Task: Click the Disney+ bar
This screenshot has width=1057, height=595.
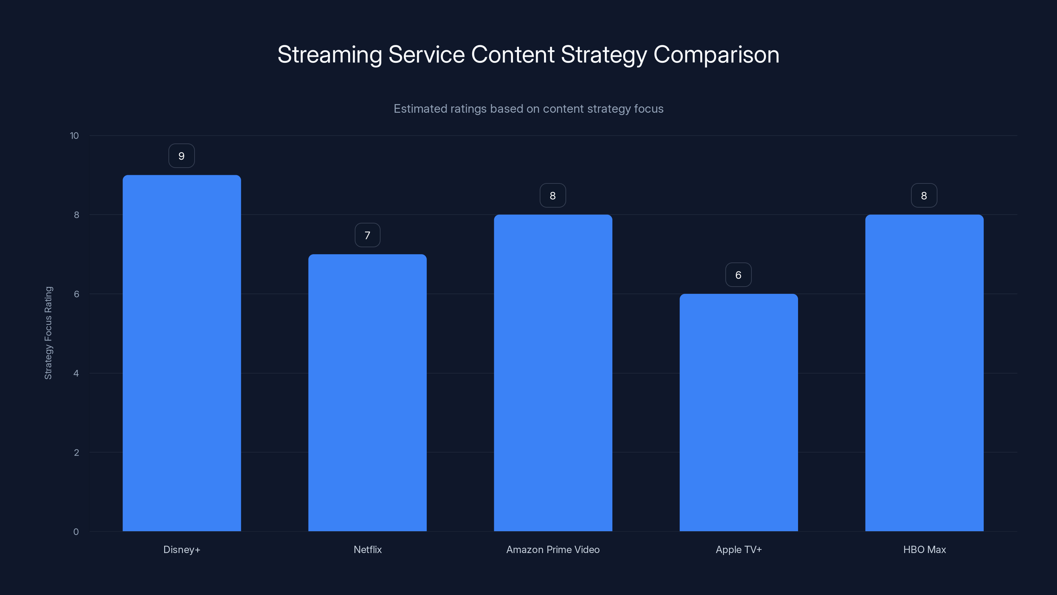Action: (x=182, y=353)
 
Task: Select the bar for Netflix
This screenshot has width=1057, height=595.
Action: (x=367, y=393)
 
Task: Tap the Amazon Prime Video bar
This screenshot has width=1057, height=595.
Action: (x=553, y=373)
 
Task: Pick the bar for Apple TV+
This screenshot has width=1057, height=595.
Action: (x=739, y=412)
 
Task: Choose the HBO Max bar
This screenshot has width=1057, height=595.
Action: (x=924, y=373)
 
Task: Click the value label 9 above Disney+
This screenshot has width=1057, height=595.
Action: (x=181, y=156)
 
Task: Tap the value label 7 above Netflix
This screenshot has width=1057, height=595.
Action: (x=367, y=235)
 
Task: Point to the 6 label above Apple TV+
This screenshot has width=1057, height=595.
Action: (x=738, y=275)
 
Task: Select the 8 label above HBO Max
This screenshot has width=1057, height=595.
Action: (x=924, y=196)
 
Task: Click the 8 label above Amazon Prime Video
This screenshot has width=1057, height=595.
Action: (x=553, y=196)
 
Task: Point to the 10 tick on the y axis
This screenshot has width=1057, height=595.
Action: (x=74, y=136)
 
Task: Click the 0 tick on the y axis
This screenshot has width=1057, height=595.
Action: (x=76, y=532)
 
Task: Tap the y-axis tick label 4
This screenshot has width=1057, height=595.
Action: (x=76, y=374)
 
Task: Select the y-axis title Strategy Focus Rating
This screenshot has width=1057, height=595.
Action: (x=49, y=333)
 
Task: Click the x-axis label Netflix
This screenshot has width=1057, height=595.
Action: (x=367, y=550)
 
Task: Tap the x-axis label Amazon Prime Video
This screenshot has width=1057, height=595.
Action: (x=553, y=550)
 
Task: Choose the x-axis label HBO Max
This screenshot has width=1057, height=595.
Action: (x=924, y=550)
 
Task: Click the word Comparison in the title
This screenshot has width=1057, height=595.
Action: (x=716, y=55)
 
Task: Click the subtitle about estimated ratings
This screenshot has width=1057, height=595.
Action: (x=528, y=109)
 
